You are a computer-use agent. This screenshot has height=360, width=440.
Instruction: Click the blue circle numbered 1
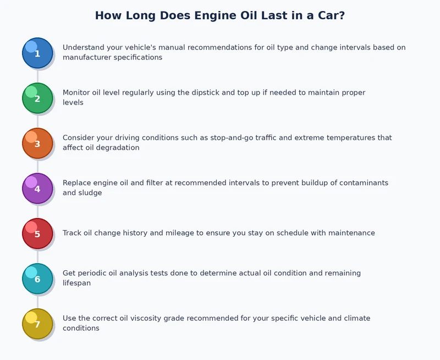coord(37,53)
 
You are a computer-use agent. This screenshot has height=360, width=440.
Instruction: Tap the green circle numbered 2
coord(37,98)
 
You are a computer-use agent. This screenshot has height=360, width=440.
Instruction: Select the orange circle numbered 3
coord(37,143)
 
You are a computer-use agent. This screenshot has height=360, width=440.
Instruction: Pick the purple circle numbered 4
coord(37,188)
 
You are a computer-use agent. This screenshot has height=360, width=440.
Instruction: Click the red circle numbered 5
coord(37,233)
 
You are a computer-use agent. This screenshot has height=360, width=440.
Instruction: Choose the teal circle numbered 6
coord(37,279)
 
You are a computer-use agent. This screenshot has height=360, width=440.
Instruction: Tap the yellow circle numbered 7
coord(37,324)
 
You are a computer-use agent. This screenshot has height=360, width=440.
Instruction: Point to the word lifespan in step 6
coord(76,283)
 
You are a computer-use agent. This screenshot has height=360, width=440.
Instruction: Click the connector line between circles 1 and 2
coord(37,75)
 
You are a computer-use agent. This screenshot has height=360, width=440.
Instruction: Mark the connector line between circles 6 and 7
coord(37,301)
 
